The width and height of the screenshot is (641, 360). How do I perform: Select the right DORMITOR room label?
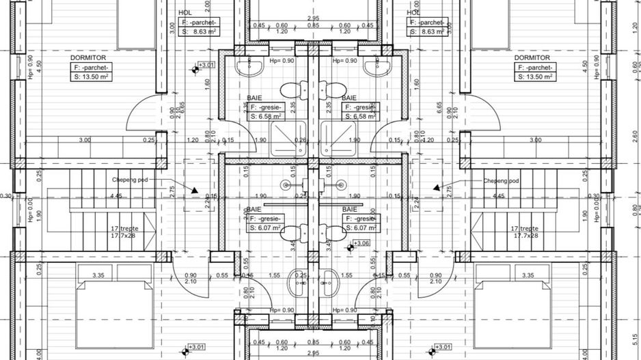(x=532, y=58)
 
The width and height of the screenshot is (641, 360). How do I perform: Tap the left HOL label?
(x=185, y=12)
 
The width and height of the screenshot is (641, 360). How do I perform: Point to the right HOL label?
(x=413, y=12)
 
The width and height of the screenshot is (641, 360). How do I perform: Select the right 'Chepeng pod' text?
(x=502, y=181)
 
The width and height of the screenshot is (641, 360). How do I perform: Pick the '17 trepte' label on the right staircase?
(x=524, y=228)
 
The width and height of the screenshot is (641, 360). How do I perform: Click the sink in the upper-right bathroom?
(x=374, y=66)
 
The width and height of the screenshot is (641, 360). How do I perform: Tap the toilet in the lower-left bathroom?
(x=295, y=231)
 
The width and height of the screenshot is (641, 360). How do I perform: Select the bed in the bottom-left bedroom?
(x=113, y=314)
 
